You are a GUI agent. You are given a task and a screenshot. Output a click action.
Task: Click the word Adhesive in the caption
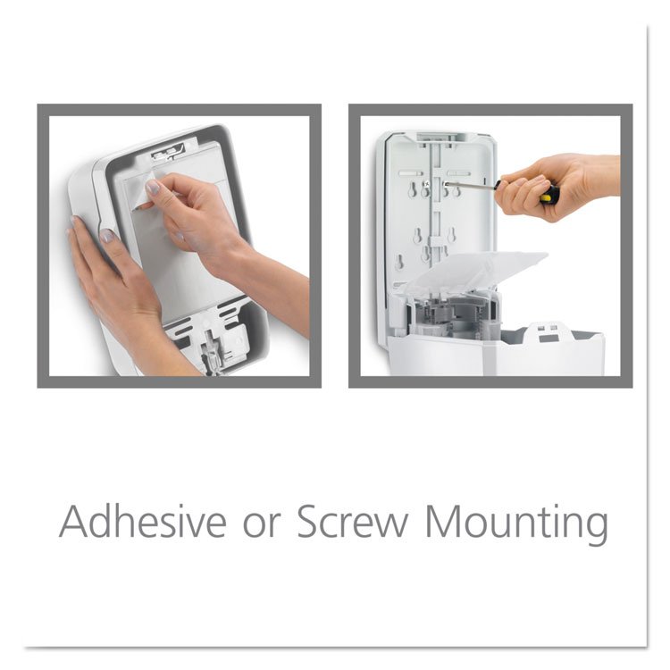[x=143, y=522]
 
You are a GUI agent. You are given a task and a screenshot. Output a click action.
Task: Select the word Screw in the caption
[x=352, y=522]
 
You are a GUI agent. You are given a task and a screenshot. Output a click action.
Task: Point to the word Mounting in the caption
[x=517, y=524]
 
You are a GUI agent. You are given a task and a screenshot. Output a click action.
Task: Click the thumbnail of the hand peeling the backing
[x=152, y=187]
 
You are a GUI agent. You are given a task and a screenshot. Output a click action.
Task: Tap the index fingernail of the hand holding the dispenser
[x=106, y=235]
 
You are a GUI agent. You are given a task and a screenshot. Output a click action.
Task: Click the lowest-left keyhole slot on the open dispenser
[x=399, y=262]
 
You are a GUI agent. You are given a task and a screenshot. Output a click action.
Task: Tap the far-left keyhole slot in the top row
[x=412, y=189]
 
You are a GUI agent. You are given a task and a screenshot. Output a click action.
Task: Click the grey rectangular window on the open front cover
[x=549, y=339]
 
